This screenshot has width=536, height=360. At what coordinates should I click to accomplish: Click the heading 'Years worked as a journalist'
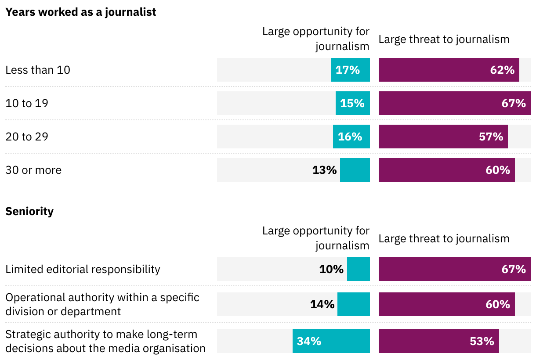[x=80, y=12]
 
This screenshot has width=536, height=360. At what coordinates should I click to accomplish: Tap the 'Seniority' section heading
[x=29, y=211]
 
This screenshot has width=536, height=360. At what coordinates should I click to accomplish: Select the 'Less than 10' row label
[x=38, y=70]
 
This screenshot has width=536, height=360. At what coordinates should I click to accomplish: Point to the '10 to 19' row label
[x=27, y=103]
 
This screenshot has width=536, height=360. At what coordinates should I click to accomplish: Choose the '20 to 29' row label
[x=27, y=137]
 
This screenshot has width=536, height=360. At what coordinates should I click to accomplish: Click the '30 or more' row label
[x=33, y=170]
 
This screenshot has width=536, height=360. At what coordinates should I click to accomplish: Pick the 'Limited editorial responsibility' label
[x=83, y=269]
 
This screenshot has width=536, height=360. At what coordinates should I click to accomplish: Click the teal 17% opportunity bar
[x=351, y=70]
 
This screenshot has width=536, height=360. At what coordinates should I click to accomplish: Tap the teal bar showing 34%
[x=331, y=341]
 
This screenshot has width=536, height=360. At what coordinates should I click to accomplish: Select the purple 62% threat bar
[x=449, y=70]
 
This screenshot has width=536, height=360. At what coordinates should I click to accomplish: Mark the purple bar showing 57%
[x=443, y=137]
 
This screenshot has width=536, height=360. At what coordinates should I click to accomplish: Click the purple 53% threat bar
[x=438, y=341]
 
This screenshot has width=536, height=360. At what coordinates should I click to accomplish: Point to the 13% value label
[x=325, y=170]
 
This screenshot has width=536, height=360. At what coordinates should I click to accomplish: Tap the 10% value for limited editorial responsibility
[x=331, y=269]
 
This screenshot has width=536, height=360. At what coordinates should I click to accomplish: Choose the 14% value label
[x=322, y=304]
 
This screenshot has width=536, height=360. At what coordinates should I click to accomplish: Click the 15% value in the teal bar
[x=352, y=103]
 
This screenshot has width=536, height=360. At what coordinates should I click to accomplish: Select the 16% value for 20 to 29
[x=350, y=137]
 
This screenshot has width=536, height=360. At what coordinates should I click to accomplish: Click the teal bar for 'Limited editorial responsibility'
[x=359, y=269]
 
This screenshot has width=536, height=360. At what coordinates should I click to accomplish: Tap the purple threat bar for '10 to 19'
[x=454, y=103]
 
